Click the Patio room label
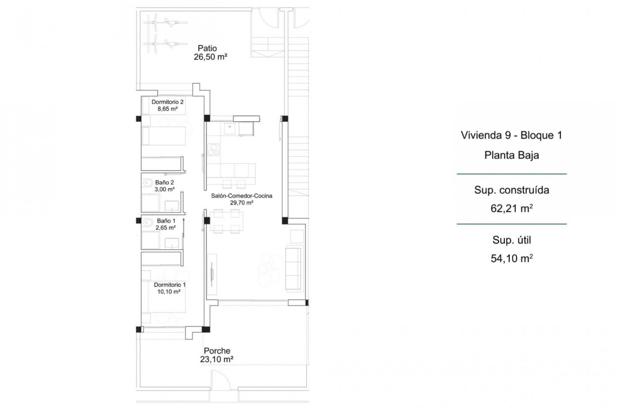pos(207,48)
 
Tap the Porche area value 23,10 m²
pos(217,359)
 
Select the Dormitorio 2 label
pos(167,102)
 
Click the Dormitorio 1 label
pos(170,285)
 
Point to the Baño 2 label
pos(164,183)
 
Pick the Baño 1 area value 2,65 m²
pos(165,228)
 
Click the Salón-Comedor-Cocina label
pos(241,196)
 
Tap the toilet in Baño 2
pos(147,183)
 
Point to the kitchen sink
pos(229,129)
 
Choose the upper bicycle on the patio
pos(165,23)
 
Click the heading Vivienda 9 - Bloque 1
pos(511,135)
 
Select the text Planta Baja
pos(511,155)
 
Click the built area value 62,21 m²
pos(511,209)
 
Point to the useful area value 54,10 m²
pos(511,258)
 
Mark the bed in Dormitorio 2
pos(164,136)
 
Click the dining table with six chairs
pos(227,221)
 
